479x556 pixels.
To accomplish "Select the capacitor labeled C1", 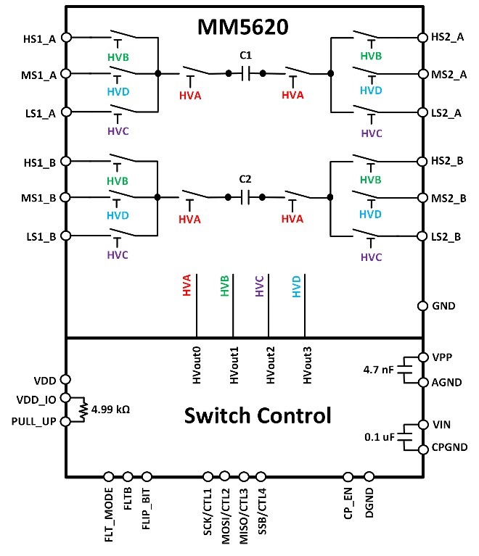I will pos(245,73).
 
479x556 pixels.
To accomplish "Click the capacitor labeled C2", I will pos(245,196).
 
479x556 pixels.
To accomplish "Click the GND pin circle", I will pos(422,306).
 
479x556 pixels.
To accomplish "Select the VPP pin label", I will pos(442,357).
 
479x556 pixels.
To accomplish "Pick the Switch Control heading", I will pos(257,416).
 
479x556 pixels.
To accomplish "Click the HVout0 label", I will pos(197,365).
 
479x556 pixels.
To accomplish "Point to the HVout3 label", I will pos(306,365).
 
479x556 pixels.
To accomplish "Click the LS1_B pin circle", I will pos(66,236).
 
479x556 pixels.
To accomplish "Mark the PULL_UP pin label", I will pos(33,420).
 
